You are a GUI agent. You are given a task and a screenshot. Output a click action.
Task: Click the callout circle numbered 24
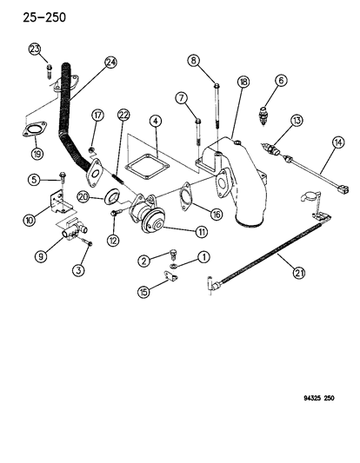[x=110, y=62]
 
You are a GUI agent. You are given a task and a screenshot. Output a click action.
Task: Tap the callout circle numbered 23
[x=34, y=49]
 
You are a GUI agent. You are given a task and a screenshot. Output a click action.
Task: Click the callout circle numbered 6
[x=281, y=81]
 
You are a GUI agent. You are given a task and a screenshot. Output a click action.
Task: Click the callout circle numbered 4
[x=153, y=121]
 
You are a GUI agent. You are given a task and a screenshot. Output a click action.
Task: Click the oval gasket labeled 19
[x=32, y=132]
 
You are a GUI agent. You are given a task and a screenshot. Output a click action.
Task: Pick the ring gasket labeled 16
[x=185, y=199]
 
